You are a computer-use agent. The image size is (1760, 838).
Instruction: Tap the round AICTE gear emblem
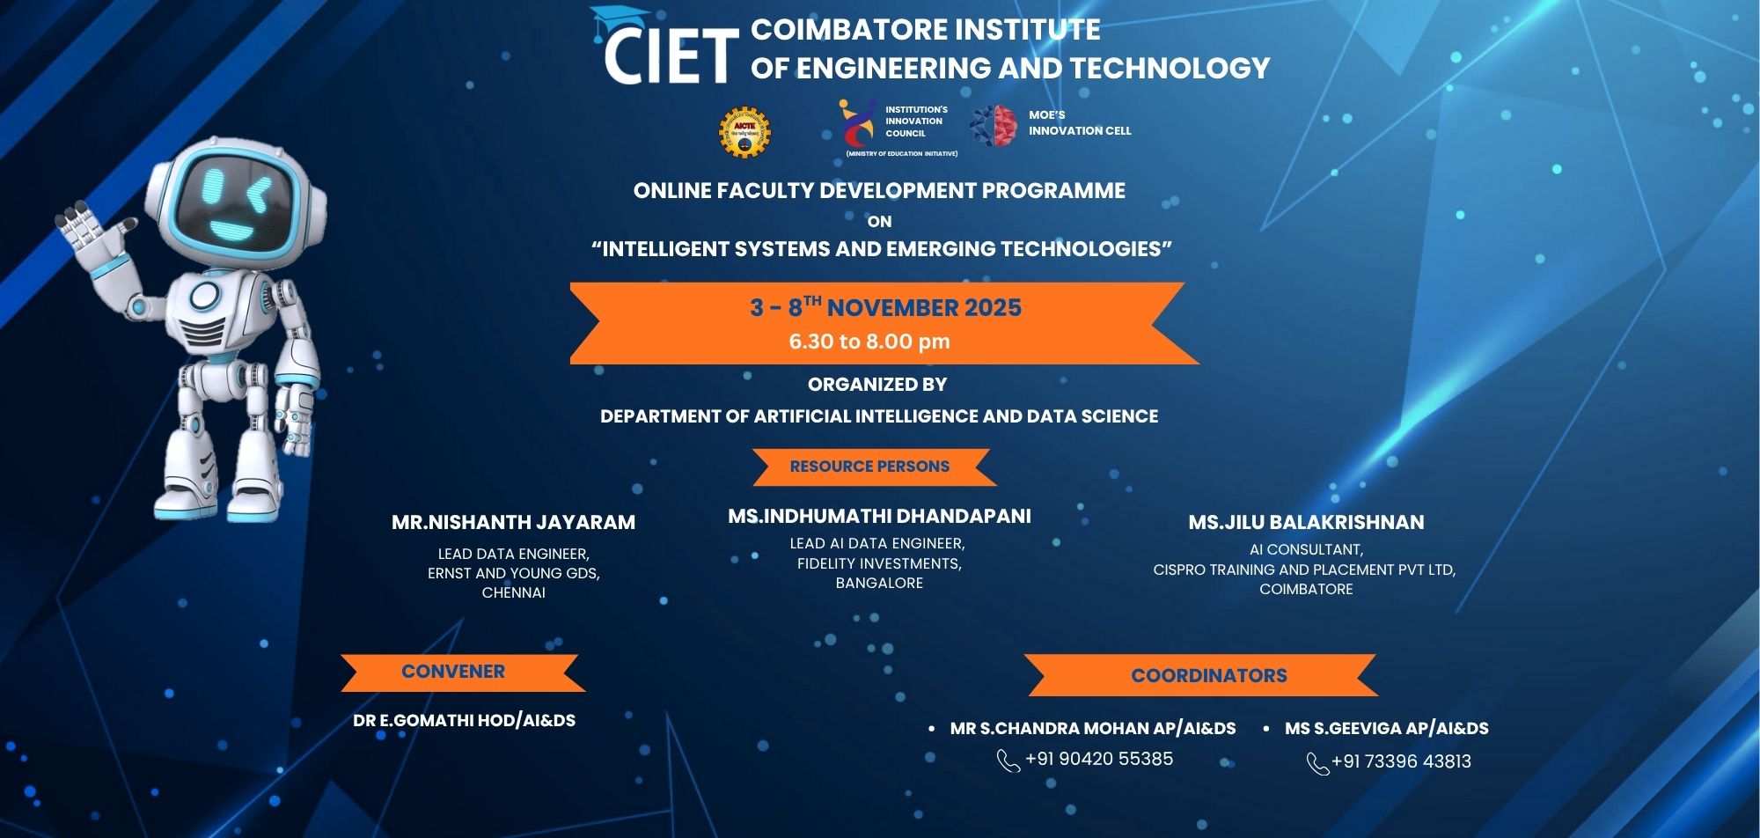744,133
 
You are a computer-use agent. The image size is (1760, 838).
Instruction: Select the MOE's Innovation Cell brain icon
994,125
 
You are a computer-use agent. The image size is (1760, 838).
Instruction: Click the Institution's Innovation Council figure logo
857,124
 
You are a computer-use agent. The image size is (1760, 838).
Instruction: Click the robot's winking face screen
233,203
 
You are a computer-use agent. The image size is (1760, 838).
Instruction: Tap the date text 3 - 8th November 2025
885,307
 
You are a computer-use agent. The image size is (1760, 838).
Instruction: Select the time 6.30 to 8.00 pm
869,342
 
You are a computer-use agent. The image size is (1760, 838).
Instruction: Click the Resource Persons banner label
869,467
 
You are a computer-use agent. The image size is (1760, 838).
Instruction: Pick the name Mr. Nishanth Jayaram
513,522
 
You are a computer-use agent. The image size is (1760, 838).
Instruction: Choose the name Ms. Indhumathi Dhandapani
879,516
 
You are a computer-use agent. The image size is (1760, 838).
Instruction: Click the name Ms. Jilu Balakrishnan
1306,522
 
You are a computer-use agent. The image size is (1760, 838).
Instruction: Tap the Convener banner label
453,672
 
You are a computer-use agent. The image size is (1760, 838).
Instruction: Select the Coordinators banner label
1209,676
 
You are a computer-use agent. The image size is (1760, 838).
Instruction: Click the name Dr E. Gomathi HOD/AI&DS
464,721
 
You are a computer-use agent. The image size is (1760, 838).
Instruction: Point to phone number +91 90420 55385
1099,759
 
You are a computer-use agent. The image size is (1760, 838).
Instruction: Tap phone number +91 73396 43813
1401,761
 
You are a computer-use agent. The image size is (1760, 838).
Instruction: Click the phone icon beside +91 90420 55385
1008,761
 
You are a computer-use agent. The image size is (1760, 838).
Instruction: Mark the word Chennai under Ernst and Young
514,592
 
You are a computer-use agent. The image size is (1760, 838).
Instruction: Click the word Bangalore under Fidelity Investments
879,583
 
